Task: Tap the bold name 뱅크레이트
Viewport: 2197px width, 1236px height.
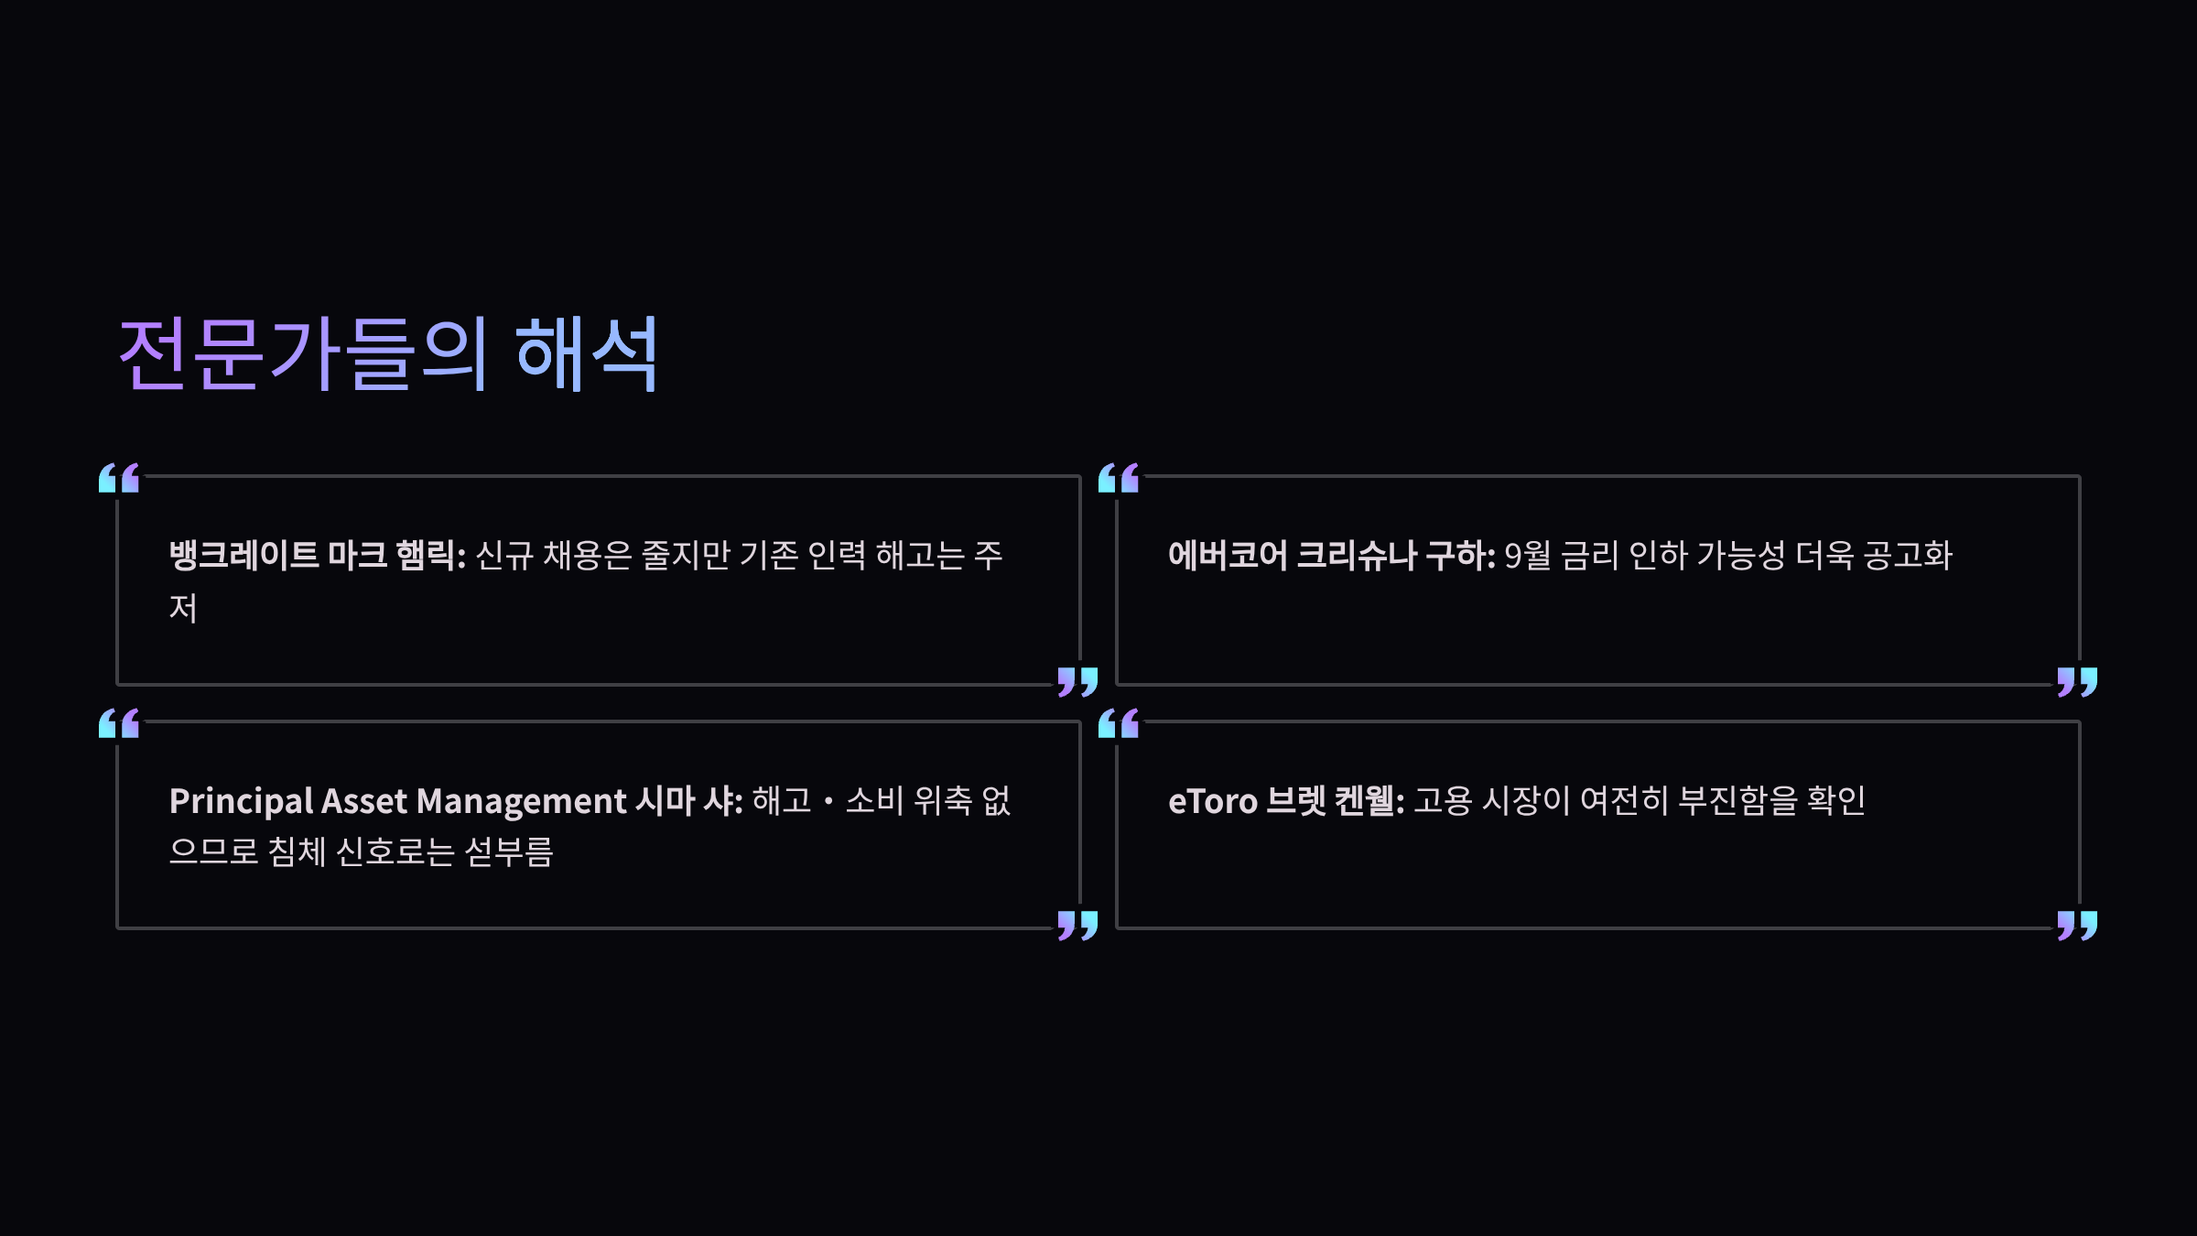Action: [x=244, y=555]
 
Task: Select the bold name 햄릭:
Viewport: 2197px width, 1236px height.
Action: [x=430, y=555]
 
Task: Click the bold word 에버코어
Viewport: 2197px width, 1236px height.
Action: [x=1228, y=555]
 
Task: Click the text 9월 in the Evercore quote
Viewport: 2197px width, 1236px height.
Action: [x=1527, y=555]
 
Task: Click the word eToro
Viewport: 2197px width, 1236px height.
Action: [x=1213, y=801]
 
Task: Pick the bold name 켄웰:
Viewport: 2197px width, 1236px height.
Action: [x=1369, y=801]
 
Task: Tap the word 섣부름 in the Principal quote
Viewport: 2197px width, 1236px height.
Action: [x=509, y=852]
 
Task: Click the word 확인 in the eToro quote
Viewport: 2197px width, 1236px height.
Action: [x=1835, y=801]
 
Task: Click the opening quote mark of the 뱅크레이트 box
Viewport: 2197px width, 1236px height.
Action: [x=119, y=478]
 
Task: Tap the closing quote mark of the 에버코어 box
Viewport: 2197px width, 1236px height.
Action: [x=2077, y=681]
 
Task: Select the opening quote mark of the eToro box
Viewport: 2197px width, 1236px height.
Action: [x=1119, y=723]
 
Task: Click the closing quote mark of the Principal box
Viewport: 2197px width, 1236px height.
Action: [x=1077, y=925]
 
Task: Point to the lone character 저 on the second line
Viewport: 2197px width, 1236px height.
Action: [x=183, y=608]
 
